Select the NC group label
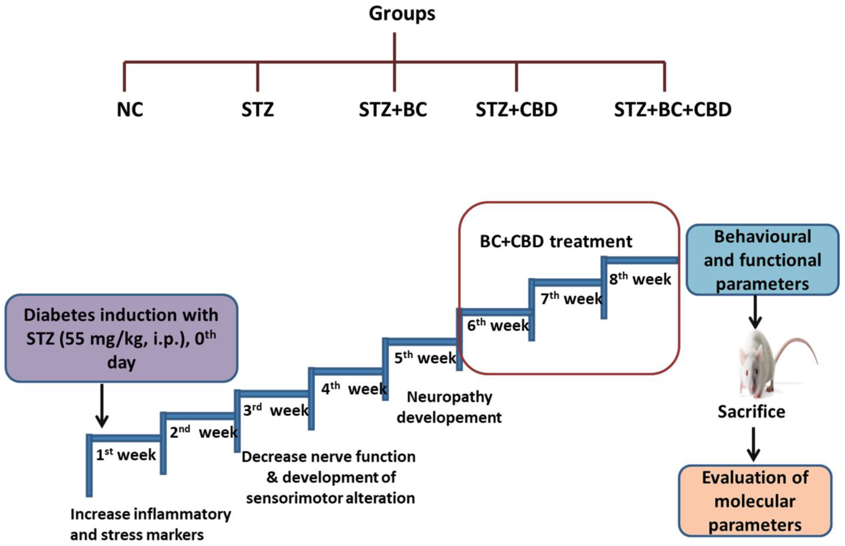(x=130, y=110)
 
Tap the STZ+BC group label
(x=393, y=110)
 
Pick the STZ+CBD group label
(x=516, y=110)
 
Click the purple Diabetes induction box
(x=121, y=338)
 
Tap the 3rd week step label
(x=276, y=410)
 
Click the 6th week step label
(x=498, y=325)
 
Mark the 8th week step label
(x=640, y=279)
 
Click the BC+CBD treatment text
(x=556, y=242)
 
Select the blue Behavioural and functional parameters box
(x=762, y=260)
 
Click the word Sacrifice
(x=751, y=412)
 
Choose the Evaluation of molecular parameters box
(x=755, y=501)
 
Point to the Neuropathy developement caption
(x=449, y=407)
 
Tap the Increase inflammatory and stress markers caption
(x=150, y=524)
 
